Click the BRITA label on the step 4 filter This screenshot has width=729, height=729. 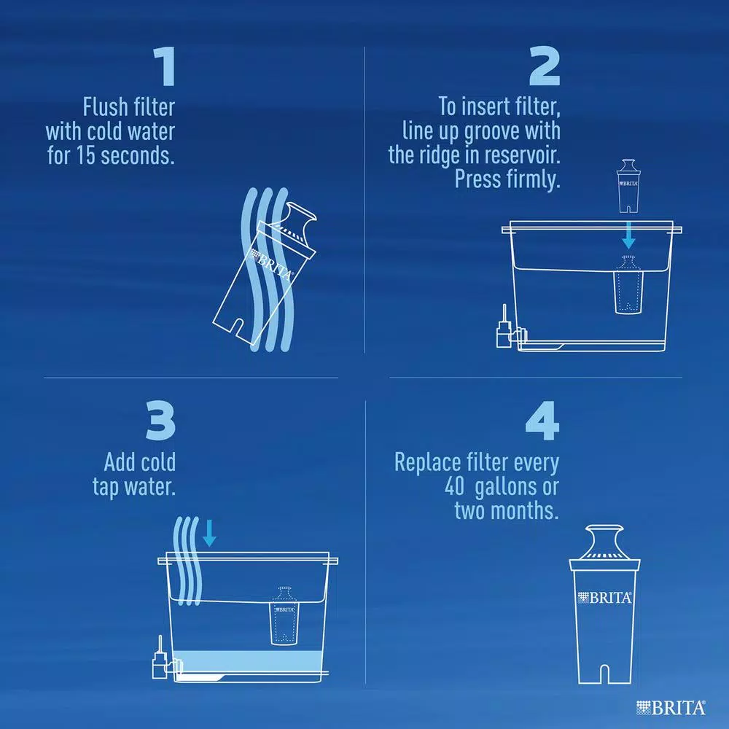[x=604, y=598]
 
